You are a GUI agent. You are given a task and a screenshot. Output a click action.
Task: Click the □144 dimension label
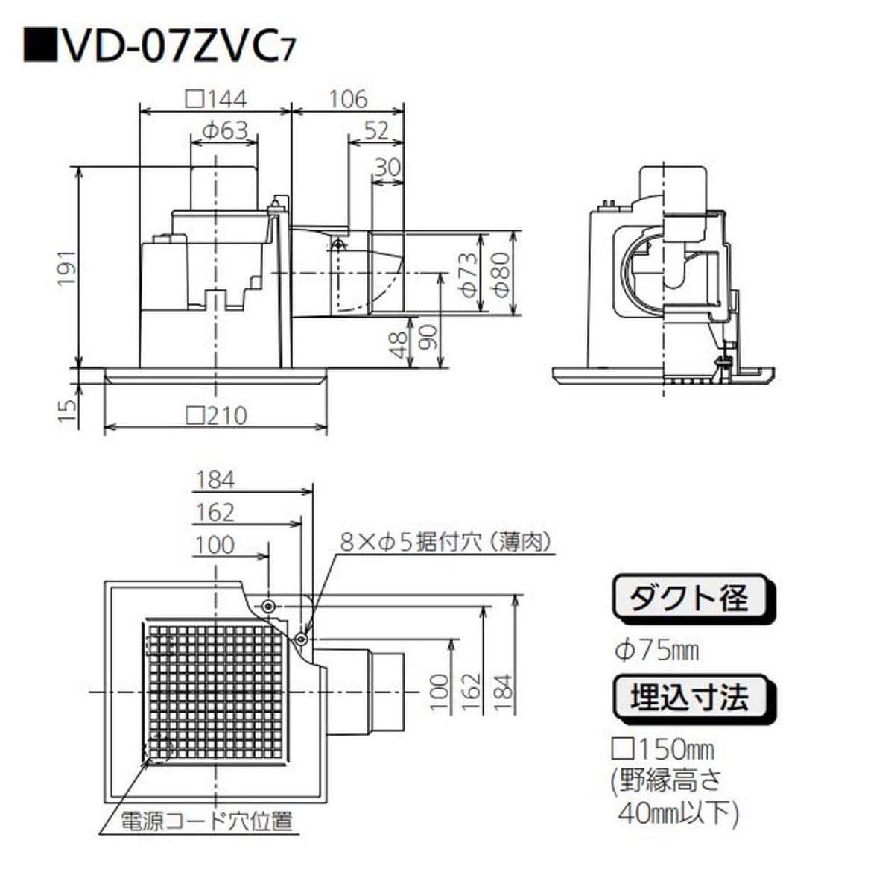point(216,99)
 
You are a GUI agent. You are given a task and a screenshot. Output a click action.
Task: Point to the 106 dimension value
point(348,99)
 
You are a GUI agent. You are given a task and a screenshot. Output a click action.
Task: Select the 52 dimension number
point(376,131)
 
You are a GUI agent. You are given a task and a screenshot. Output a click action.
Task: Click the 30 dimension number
point(387,167)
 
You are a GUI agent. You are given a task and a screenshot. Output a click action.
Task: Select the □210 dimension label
point(217,416)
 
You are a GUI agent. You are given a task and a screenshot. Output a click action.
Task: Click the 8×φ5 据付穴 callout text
point(446,543)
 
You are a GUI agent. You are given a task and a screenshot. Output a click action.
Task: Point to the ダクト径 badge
point(693,597)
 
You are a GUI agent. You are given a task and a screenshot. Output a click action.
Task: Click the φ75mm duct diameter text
point(656,651)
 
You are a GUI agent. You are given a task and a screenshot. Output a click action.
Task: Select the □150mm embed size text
point(663,750)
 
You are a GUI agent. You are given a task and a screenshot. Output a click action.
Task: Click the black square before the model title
point(40,45)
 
